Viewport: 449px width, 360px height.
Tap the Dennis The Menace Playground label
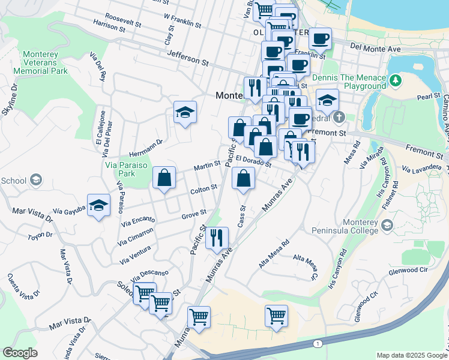click(x=341, y=82)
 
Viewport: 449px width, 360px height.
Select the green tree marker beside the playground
click(x=395, y=80)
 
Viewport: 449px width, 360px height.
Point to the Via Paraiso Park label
click(x=140, y=158)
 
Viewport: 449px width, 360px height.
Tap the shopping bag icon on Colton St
click(x=164, y=178)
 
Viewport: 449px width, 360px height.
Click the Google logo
click(x=20, y=353)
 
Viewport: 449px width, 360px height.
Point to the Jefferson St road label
click(x=187, y=59)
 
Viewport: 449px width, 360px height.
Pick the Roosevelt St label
click(x=122, y=20)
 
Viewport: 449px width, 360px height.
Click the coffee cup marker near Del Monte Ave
click(x=320, y=40)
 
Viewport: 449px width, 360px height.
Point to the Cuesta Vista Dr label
click(x=22, y=286)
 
